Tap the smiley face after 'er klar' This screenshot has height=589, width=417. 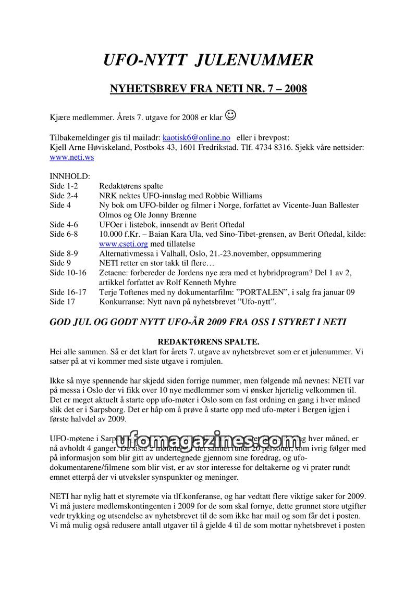pyautogui.click(x=230, y=115)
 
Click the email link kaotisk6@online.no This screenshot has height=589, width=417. pyautogui.click(x=197, y=138)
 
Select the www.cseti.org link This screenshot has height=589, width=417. pyautogui.click(x=124, y=244)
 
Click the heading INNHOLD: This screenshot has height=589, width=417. pyautogui.click(x=70, y=176)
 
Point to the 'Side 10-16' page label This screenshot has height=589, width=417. pyautogui.click(x=68, y=273)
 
